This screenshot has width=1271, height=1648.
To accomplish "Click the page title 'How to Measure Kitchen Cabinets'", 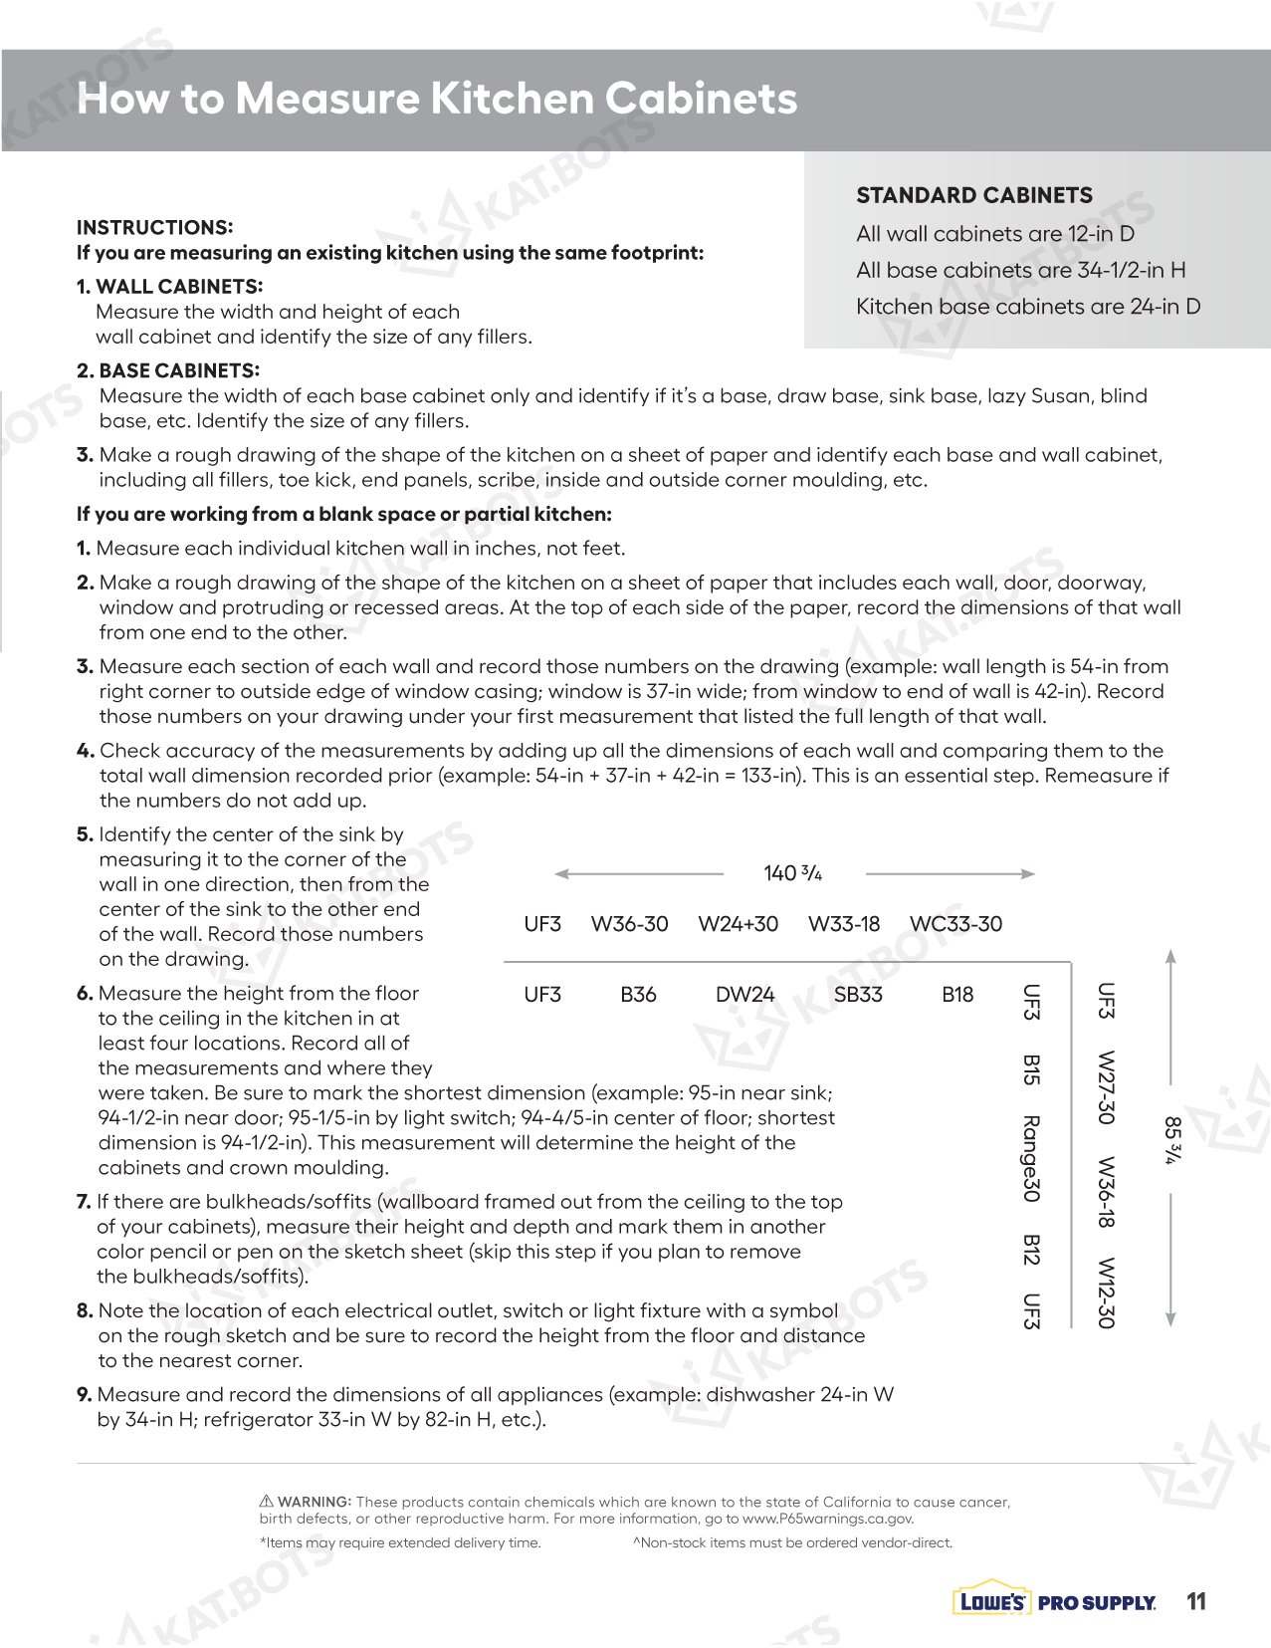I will (x=437, y=99).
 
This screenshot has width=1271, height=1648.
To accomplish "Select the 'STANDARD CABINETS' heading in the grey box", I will (x=973, y=195).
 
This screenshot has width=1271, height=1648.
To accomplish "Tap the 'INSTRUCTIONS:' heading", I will (x=154, y=227).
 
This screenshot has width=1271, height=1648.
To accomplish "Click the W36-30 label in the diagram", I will (x=629, y=924).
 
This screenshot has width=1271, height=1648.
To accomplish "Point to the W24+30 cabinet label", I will (x=738, y=924).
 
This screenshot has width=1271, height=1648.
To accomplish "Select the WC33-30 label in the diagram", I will (x=955, y=924).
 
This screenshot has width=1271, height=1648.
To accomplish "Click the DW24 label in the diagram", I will (x=744, y=994).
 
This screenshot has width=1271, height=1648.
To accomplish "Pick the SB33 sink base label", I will (x=858, y=994).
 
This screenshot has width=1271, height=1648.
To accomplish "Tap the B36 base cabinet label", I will (x=638, y=994).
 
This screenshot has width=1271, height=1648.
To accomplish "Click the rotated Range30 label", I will (x=1031, y=1158).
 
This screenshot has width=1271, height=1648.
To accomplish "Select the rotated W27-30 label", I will (x=1105, y=1086).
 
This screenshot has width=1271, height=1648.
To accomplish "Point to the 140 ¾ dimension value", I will (x=792, y=873).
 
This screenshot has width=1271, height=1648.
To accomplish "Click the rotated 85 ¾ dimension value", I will (x=1172, y=1140).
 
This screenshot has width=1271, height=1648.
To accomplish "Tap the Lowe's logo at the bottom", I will (x=990, y=1601).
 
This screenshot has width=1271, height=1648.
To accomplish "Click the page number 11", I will (x=1196, y=1601).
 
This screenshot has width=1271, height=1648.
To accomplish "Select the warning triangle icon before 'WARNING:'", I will (x=266, y=1501).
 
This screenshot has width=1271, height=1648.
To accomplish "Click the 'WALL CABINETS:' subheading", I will (x=178, y=287).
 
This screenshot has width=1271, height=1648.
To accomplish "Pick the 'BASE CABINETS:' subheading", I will (x=178, y=370).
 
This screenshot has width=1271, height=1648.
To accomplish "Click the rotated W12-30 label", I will (x=1105, y=1293).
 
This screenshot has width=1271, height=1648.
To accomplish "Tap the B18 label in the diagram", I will (x=957, y=994).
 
